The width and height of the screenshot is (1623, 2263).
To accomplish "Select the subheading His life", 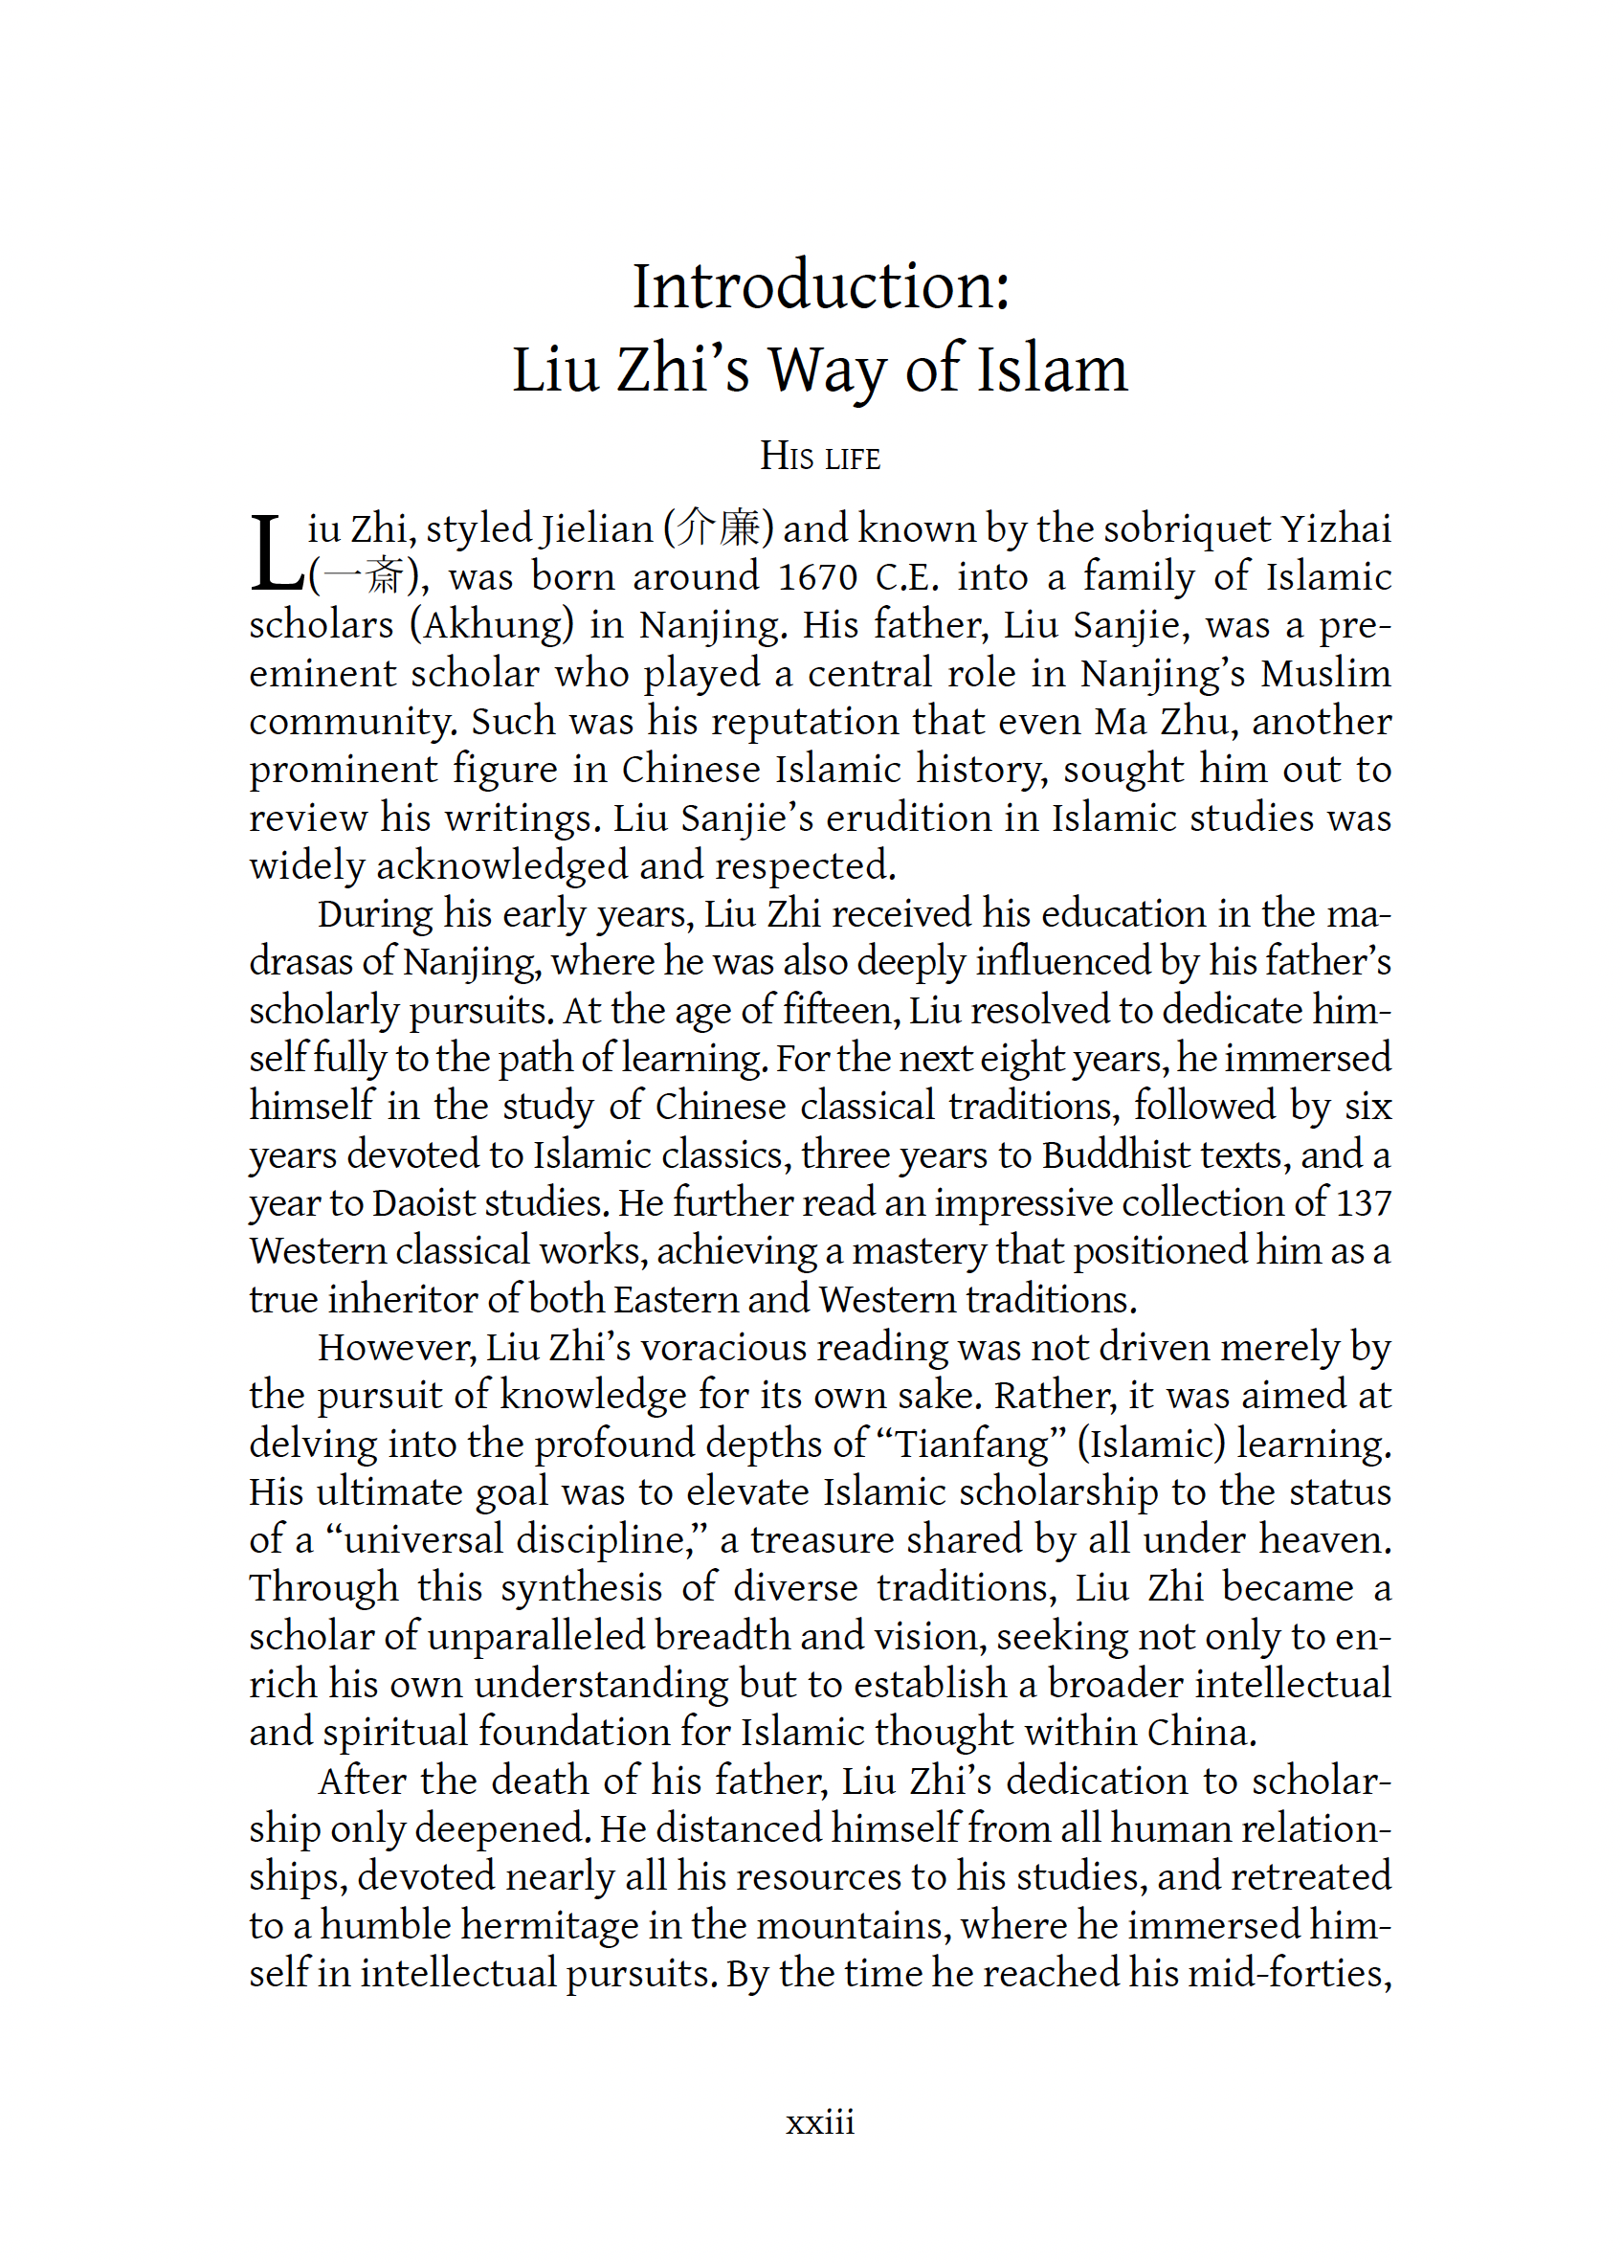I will [820, 457].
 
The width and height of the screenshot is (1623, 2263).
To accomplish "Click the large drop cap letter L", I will [277, 553].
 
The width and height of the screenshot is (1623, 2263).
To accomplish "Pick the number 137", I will [1363, 1202].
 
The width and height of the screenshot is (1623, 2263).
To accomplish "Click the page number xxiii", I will [820, 2122].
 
